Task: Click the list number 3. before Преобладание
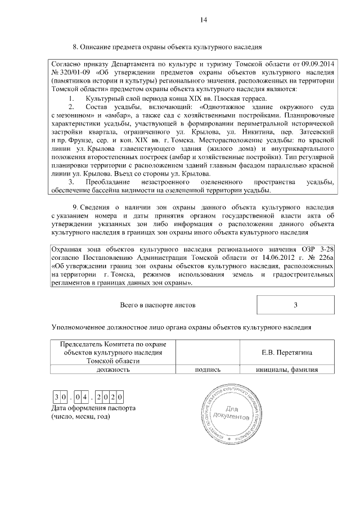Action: click(71, 183)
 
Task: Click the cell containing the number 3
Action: click(295, 305)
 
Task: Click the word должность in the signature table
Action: click(113, 370)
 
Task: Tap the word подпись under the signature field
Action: click(208, 370)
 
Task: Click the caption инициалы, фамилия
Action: click(287, 370)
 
